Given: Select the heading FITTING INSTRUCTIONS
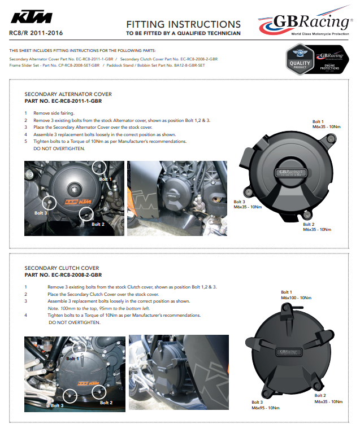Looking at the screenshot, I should pos(184,24).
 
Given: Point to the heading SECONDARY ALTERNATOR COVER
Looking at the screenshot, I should pos(68,94).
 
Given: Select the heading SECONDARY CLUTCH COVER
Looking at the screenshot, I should pos(62,268).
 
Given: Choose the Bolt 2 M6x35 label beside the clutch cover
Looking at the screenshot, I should pos(328,399).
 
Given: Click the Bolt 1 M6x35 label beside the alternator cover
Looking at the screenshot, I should pos(327,124).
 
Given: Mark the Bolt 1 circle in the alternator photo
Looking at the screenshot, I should pos(99,166).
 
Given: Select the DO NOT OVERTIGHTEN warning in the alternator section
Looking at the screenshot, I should pos(59,148).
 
